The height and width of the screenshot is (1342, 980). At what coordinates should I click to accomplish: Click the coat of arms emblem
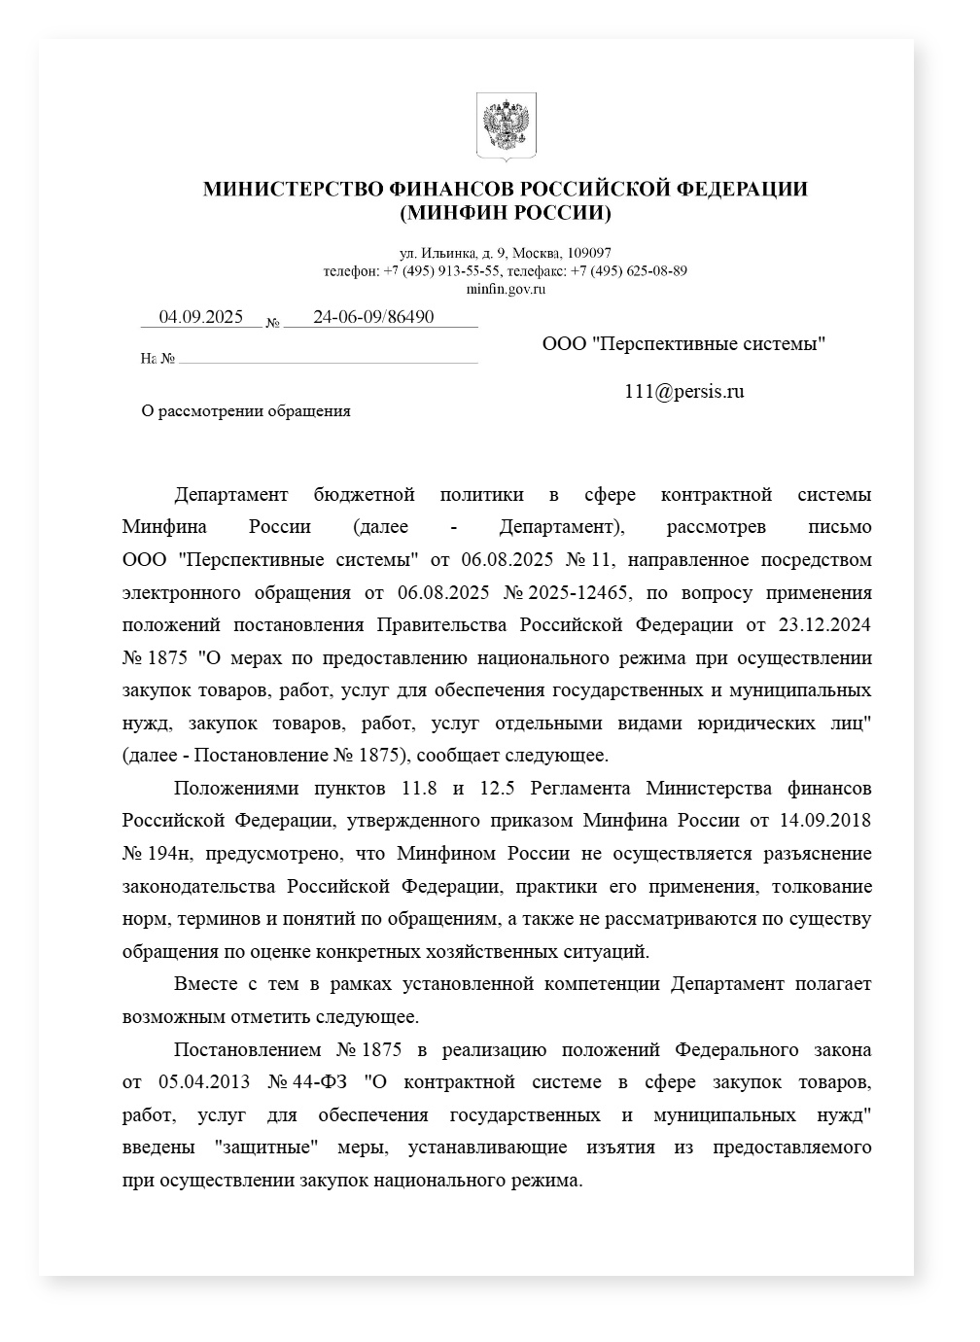pyautogui.click(x=506, y=126)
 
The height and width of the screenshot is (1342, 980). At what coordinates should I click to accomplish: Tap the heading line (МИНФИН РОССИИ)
pyautogui.click(x=506, y=212)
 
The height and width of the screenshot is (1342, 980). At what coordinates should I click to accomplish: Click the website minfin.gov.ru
pyautogui.click(x=506, y=288)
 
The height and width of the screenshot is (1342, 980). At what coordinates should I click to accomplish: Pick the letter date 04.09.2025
pyautogui.click(x=201, y=317)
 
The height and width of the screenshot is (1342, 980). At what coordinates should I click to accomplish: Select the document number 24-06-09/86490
pyautogui.click(x=373, y=317)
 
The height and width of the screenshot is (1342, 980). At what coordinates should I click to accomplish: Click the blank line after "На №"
pyautogui.click(x=328, y=358)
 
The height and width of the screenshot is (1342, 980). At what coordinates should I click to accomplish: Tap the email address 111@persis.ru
pyautogui.click(x=684, y=392)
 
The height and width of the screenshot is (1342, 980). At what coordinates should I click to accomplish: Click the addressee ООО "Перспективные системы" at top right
pyautogui.click(x=684, y=343)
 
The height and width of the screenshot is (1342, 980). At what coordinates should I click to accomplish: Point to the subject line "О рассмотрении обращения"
pyautogui.click(x=246, y=410)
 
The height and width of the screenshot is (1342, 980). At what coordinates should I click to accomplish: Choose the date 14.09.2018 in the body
pyautogui.click(x=825, y=820)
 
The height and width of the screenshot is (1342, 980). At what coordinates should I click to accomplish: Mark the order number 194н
pyautogui.click(x=166, y=853)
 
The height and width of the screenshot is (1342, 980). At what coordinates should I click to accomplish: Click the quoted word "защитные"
pyautogui.click(x=265, y=1148)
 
